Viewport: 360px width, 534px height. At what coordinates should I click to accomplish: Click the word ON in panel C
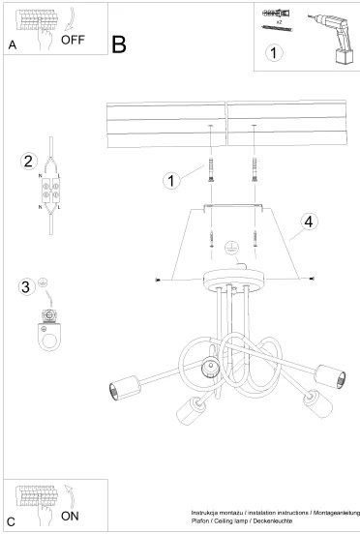[70, 516]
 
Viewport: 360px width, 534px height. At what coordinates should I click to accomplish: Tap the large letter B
[119, 44]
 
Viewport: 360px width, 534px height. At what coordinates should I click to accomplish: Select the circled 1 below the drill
[276, 54]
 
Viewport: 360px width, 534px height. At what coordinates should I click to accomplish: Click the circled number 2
[29, 161]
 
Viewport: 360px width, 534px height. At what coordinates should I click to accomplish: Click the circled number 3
[25, 286]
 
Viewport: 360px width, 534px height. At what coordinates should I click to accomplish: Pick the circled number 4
[307, 222]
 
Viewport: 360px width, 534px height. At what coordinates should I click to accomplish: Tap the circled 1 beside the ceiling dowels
[171, 180]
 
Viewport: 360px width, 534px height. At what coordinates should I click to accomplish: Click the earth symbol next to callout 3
[43, 285]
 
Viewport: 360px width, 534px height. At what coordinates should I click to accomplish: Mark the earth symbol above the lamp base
[230, 248]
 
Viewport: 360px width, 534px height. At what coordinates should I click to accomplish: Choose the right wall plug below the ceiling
[255, 170]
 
